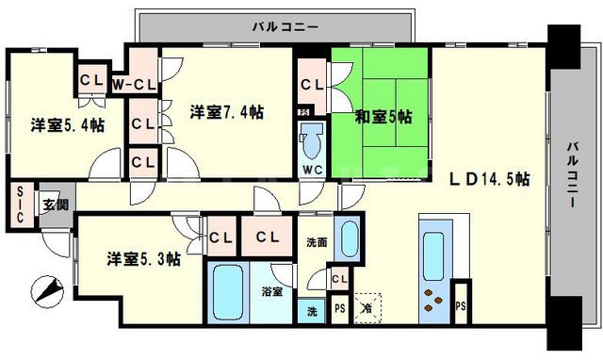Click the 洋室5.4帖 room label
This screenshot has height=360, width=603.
coord(67,125)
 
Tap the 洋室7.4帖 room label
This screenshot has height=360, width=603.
coord(226,112)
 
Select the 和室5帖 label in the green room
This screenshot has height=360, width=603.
coord(383,117)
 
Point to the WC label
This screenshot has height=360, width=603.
coord(313,171)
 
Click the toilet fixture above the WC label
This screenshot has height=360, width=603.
coord(313,143)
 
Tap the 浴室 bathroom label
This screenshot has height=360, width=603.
coord(272,291)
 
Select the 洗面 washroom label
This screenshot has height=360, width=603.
coord(317,242)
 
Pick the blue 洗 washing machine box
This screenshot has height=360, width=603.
coord(311,311)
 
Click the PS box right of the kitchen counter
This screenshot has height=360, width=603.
coord(461,306)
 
